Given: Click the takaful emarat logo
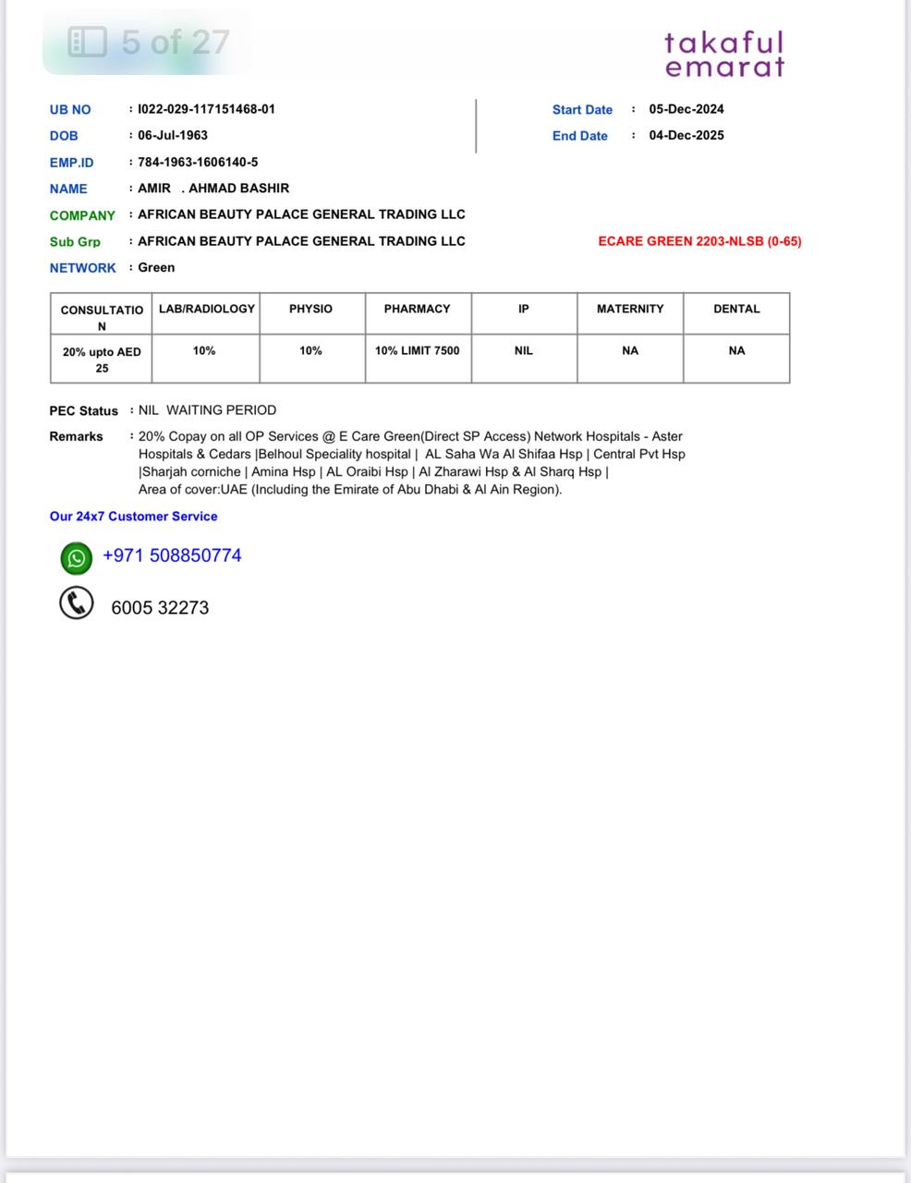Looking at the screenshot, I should (724, 55).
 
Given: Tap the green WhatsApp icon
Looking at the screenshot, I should (77, 557).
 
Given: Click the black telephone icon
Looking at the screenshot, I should (77, 604).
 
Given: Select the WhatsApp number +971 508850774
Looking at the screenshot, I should (172, 555).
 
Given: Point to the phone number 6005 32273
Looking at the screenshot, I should (160, 608).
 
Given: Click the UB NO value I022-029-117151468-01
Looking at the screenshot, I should (206, 109).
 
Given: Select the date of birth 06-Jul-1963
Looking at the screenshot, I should (173, 135).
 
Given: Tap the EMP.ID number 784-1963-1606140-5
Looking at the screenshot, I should (198, 162).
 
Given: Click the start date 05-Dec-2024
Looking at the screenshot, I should (686, 109).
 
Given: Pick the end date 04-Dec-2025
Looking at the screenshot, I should (686, 135).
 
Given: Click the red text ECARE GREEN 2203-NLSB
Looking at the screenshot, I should (699, 241).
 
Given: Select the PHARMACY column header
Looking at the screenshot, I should (418, 309).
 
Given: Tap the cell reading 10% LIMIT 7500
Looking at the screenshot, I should (418, 350).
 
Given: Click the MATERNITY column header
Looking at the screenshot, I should (630, 309).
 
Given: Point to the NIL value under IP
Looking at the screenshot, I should (524, 350).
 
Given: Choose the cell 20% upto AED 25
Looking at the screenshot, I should (102, 360).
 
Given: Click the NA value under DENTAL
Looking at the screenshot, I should (736, 350).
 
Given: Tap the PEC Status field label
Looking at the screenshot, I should (84, 410).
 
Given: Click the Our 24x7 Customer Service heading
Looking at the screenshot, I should (134, 517).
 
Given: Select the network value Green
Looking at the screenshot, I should (156, 267).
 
